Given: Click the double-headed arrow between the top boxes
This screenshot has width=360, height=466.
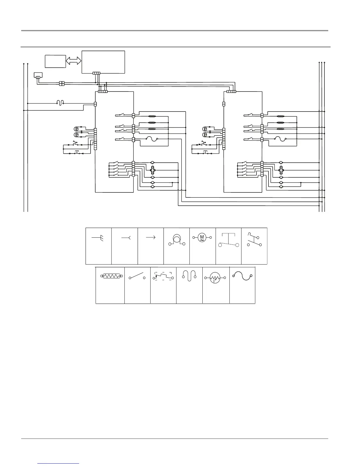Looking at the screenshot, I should [74, 61].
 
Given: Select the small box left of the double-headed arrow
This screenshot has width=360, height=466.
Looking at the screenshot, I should [55, 61].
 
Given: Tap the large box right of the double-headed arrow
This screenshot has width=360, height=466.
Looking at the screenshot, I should [103, 62].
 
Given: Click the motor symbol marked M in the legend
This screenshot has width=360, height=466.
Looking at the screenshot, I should [202, 237].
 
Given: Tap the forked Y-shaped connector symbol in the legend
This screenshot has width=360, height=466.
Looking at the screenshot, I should [126, 237].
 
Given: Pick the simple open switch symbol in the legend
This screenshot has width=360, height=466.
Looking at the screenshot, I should [137, 277].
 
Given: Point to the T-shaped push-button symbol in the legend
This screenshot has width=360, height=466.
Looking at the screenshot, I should [228, 239].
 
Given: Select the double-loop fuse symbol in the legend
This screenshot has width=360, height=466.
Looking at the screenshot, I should [189, 276].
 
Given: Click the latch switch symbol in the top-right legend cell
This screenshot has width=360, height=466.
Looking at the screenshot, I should [254, 239].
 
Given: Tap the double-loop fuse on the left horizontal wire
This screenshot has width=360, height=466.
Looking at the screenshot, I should [60, 103].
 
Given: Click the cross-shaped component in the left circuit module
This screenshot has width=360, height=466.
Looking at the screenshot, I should [153, 170].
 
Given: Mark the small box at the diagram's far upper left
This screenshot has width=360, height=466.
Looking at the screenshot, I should [38, 76].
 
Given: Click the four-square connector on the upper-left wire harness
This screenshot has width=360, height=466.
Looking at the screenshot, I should [62, 84].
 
